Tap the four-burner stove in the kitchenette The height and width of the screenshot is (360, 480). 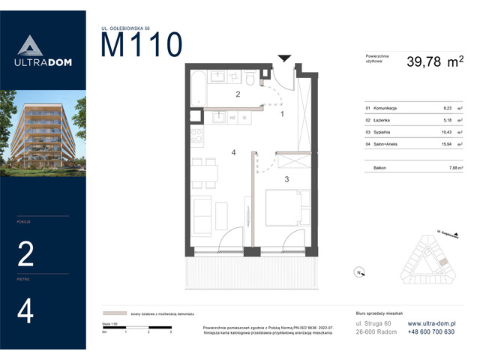[196, 138]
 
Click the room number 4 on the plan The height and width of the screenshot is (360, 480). [234, 153]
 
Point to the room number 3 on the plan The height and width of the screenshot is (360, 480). [286, 179]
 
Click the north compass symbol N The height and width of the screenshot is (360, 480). [359, 272]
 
